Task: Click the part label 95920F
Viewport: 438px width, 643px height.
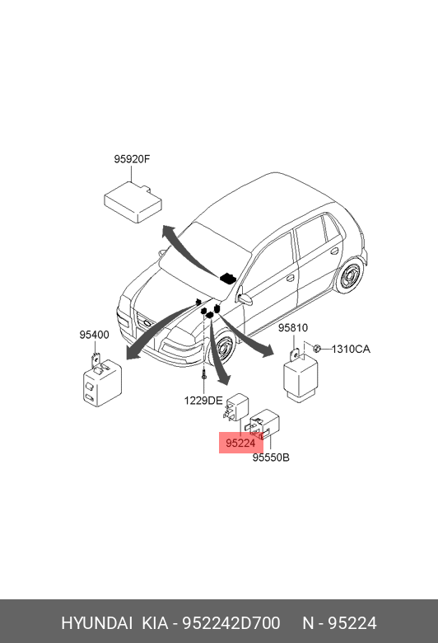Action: click(132, 159)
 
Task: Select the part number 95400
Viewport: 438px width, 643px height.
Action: click(94, 335)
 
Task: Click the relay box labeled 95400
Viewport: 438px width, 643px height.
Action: click(102, 382)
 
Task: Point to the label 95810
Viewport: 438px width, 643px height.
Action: click(293, 327)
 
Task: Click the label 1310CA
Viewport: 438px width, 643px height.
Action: click(351, 349)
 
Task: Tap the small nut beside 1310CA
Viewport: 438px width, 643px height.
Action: click(316, 349)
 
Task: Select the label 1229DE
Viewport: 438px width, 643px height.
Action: click(203, 401)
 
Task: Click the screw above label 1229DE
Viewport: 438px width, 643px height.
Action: click(203, 377)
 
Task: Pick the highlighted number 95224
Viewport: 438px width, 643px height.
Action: click(240, 443)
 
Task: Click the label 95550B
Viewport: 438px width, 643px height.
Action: click(271, 457)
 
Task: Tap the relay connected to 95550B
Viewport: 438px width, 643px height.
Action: click(263, 425)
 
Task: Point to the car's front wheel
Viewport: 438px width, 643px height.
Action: click(223, 348)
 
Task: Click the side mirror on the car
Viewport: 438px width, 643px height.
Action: click(245, 299)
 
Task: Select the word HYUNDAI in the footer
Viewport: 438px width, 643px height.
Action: click(96, 623)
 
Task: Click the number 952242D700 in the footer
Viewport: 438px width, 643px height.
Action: click(231, 623)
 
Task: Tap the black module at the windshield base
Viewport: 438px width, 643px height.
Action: click(227, 278)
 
